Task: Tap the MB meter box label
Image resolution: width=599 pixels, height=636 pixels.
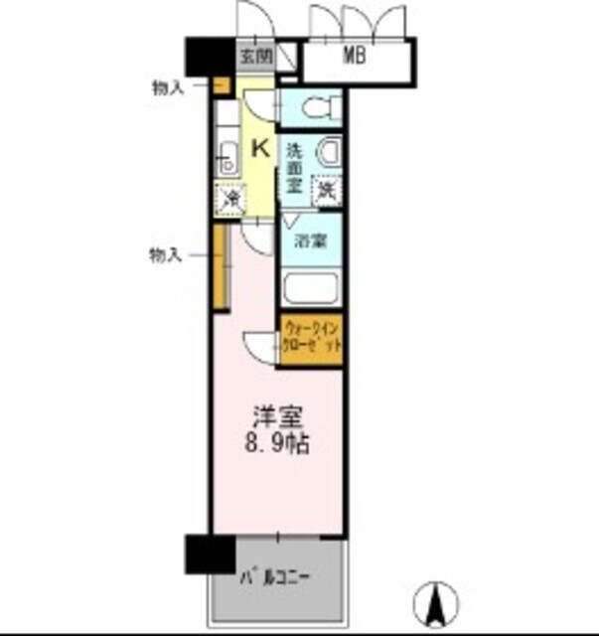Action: pyautogui.click(x=355, y=57)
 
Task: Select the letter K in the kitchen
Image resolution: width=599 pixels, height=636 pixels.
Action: pyautogui.click(x=259, y=149)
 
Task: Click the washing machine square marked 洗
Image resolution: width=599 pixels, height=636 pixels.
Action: pyautogui.click(x=326, y=190)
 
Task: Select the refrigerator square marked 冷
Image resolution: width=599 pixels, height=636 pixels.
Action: pyautogui.click(x=229, y=199)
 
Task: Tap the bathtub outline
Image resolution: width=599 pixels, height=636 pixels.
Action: pyautogui.click(x=312, y=289)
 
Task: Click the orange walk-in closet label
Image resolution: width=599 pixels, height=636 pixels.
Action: pyautogui.click(x=313, y=338)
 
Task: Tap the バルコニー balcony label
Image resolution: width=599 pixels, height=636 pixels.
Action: pyautogui.click(x=277, y=576)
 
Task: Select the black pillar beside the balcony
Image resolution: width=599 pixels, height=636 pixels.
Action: pyautogui.click(x=209, y=555)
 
